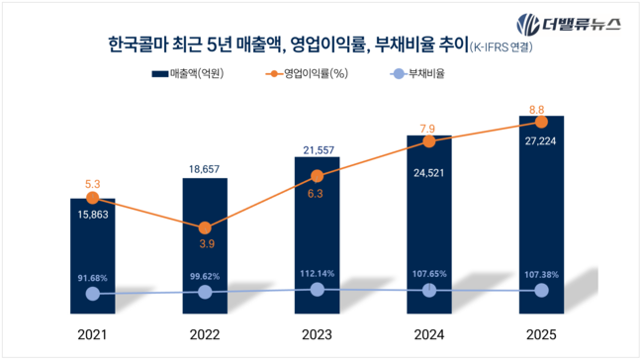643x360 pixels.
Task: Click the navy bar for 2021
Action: pos(93,252)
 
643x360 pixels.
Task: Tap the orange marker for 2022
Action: pos(205,227)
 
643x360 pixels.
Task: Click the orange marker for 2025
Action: pos(540,122)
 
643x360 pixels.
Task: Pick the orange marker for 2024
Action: pos(428,141)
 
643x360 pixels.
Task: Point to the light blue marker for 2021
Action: pos(93,294)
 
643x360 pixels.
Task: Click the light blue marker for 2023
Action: pos(317,289)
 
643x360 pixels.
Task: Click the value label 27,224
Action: pos(540,140)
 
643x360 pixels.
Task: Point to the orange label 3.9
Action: pos(205,244)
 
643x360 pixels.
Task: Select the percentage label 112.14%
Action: pos(317,273)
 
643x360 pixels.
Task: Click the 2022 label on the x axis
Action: pos(205,334)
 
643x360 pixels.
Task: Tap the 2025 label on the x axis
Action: pos(540,334)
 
